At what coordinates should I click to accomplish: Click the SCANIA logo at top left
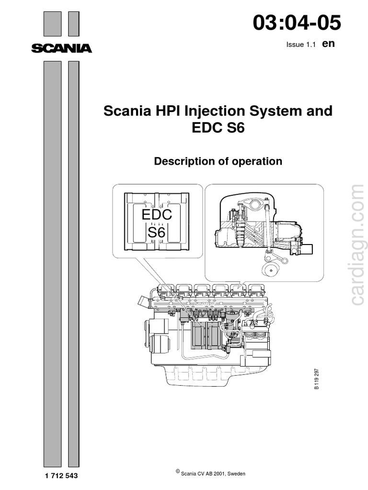click(x=61, y=48)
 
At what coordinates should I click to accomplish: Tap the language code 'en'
click(x=328, y=44)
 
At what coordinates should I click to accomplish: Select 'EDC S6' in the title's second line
click(x=218, y=128)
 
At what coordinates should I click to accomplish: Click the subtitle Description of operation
click(x=218, y=161)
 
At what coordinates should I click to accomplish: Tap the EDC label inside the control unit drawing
click(x=157, y=215)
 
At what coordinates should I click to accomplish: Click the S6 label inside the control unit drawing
click(x=156, y=234)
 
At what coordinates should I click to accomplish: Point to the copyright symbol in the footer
click(x=178, y=472)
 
